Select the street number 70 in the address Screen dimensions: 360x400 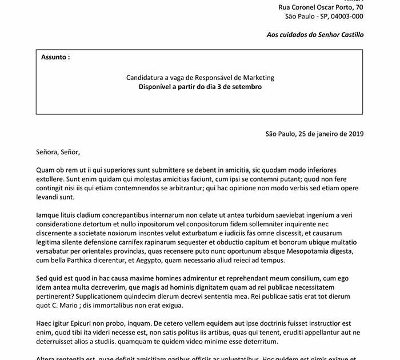[358, 7]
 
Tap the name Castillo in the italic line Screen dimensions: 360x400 [348, 35]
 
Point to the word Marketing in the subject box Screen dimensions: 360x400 [258, 77]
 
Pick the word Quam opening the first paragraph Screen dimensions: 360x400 [45, 170]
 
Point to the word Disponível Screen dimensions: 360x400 [158, 87]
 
